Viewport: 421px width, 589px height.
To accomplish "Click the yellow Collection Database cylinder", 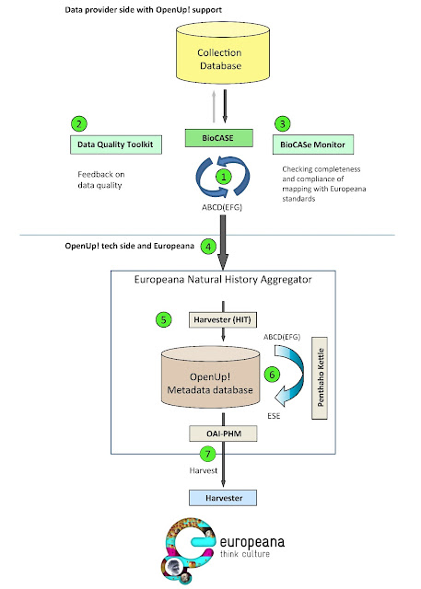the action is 223,52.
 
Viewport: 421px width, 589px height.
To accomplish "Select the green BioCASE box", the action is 218,138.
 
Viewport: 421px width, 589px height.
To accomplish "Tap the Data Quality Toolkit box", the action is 116,144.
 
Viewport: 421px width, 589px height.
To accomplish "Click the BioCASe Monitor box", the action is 313,144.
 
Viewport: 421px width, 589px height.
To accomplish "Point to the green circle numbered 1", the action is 224,177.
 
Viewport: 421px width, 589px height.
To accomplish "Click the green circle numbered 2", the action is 79,123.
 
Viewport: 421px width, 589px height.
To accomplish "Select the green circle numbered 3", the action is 283,123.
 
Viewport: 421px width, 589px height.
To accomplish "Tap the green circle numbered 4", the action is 208,247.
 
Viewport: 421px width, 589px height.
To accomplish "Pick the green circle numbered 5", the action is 163,319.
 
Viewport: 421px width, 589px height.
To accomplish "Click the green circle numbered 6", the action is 272,375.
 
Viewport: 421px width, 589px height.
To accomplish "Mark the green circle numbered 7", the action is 207,454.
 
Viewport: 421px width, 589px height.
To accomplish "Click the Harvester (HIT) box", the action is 223,319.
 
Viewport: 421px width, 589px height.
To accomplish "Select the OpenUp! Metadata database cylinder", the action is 210,377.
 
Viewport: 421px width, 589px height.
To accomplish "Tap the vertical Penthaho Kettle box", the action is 320,378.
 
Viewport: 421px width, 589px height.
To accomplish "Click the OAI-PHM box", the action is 223,433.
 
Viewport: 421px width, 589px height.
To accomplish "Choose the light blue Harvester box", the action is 223,498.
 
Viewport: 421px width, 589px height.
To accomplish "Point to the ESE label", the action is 274,416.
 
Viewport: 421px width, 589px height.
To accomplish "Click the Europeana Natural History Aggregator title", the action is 223,280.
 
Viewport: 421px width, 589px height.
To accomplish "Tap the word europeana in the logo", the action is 252,542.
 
